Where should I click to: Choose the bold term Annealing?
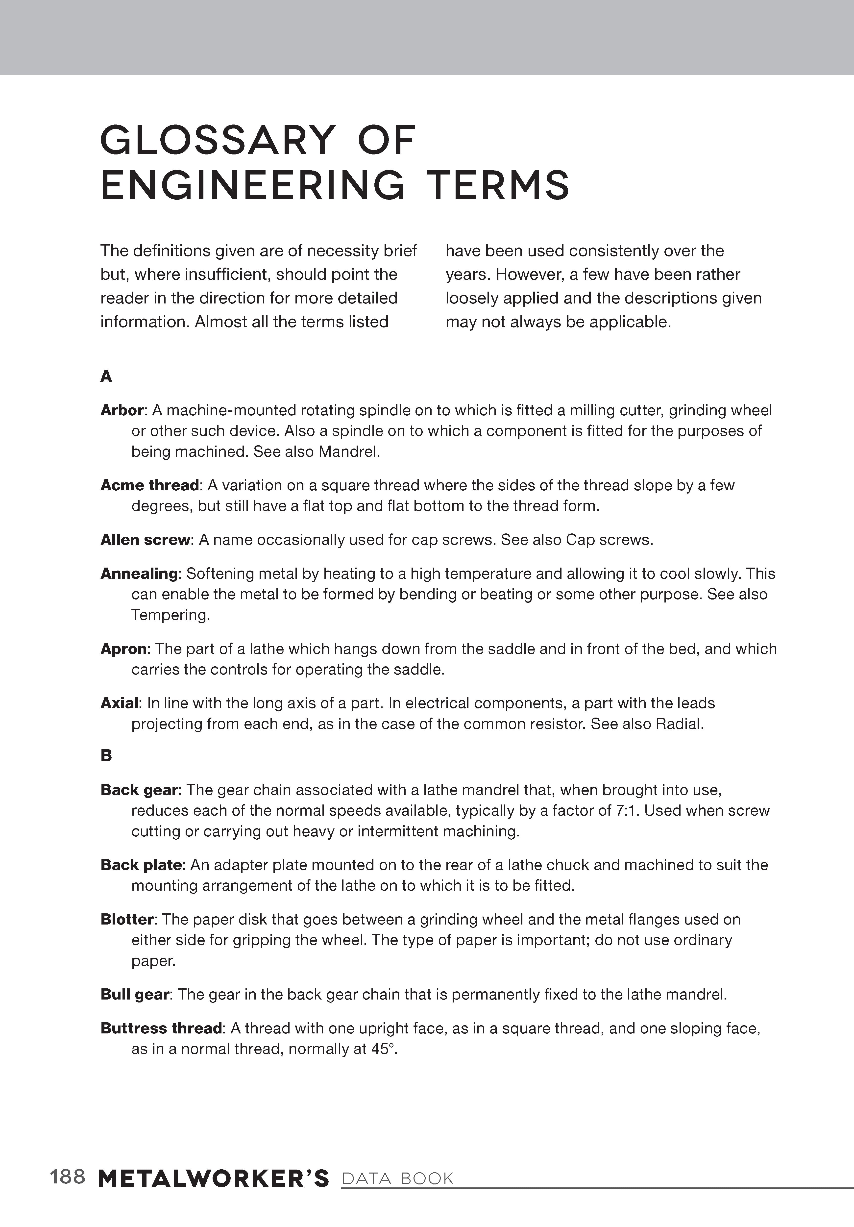(139, 574)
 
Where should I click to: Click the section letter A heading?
(106, 377)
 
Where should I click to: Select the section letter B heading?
(106, 756)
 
